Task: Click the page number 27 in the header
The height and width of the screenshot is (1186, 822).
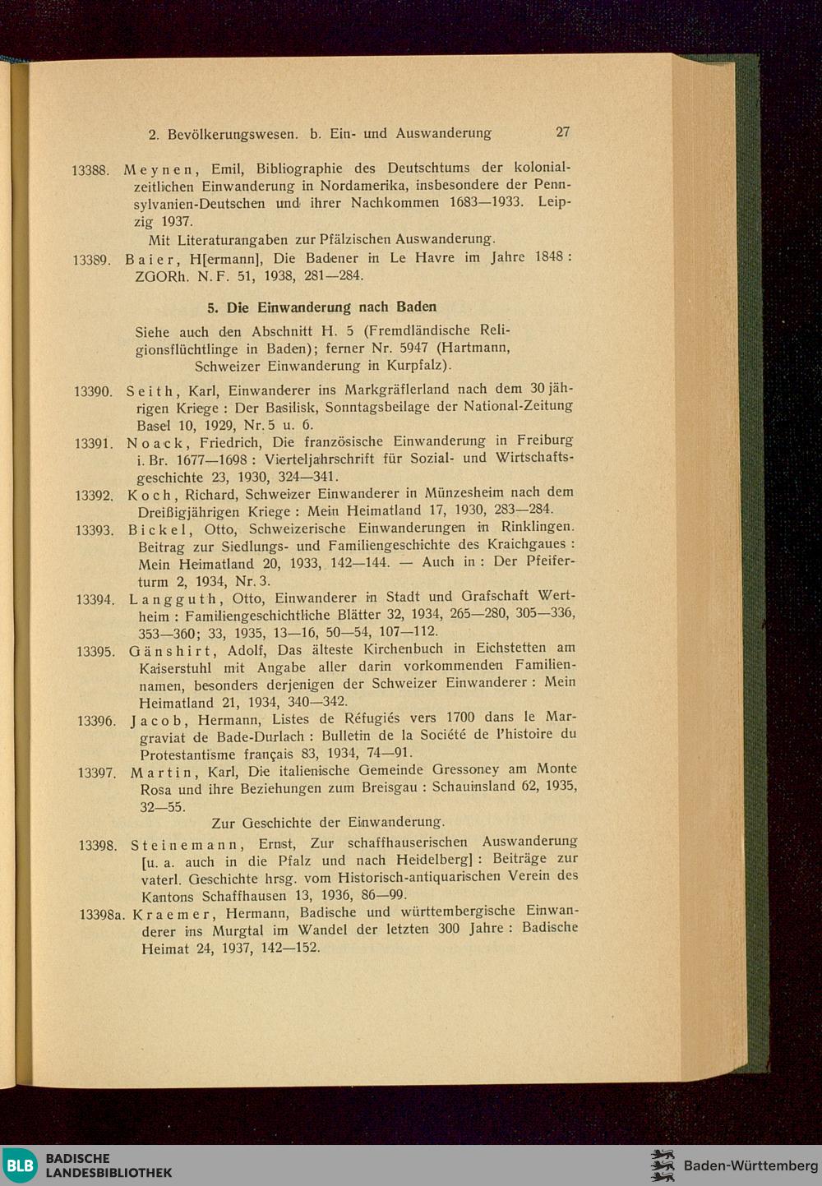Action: [x=562, y=132]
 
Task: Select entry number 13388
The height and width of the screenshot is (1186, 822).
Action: [x=90, y=170]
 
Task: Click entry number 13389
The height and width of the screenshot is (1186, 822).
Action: [x=91, y=260]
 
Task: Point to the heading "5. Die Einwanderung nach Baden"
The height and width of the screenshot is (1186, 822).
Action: [x=321, y=307]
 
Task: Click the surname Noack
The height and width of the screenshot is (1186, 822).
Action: [x=154, y=443]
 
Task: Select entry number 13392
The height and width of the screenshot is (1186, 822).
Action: [x=93, y=496]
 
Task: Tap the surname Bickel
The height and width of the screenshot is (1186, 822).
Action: [x=157, y=530]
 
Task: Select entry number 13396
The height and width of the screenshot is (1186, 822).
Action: [x=95, y=721]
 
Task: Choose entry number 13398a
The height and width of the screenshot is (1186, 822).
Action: [x=102, y=914]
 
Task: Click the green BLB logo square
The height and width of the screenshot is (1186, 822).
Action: [x=20, y=1165]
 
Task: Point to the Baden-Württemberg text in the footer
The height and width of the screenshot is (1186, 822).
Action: [x=750, y=1165]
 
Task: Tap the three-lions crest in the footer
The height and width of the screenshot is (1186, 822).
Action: [x=662, y=1165]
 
